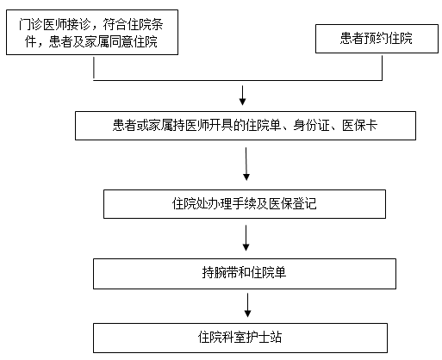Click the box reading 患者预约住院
(377, 39)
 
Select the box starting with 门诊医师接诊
(92, 32)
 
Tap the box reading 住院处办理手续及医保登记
(245, 204)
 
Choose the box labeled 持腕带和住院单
(245, 274)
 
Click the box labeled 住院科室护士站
(240, 338)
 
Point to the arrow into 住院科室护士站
(247, 305)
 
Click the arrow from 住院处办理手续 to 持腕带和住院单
(246, 238)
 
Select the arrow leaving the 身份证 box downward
(246, 164)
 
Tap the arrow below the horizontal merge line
(243, 96)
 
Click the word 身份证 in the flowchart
(311, 126)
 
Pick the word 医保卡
(359, 126)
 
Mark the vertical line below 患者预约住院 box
(382, 68)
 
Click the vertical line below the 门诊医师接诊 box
(94, 68)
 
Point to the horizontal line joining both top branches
(238, 80)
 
